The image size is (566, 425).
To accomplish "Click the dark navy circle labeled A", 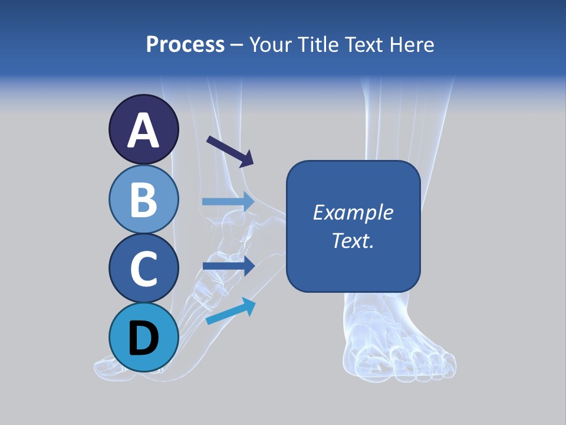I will [x=143, y=130].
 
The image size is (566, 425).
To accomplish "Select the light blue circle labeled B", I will [x=143, y=199].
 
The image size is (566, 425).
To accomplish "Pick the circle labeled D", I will [x=143, y=337].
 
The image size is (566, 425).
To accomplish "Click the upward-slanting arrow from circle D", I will [x=231, y=311].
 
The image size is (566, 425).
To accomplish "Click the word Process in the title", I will [x=185, y=44].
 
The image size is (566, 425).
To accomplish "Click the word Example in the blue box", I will [x=353, y=212].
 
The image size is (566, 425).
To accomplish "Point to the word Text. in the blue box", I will [x=353, y=240].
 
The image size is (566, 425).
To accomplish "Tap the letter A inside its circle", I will [x=143, y=131].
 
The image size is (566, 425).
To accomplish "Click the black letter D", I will [x=143, y=338].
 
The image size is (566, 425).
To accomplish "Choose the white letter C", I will [x=143, y=269].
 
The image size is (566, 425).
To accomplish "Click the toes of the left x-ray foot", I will [x=109, y=369].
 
